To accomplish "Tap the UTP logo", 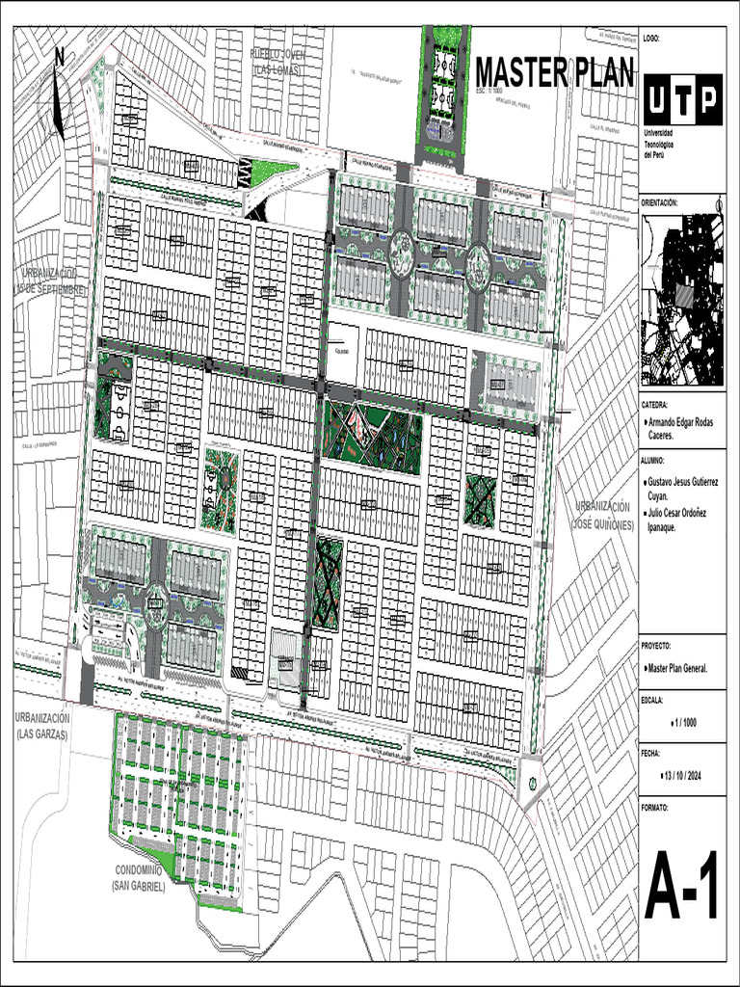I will (681, 100).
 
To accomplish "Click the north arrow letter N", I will (60, 57).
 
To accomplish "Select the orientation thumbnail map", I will (681, 298).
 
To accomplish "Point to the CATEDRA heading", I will (655, 406).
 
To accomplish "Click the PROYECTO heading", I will (656, 646).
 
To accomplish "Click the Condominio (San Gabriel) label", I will (139, 876).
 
